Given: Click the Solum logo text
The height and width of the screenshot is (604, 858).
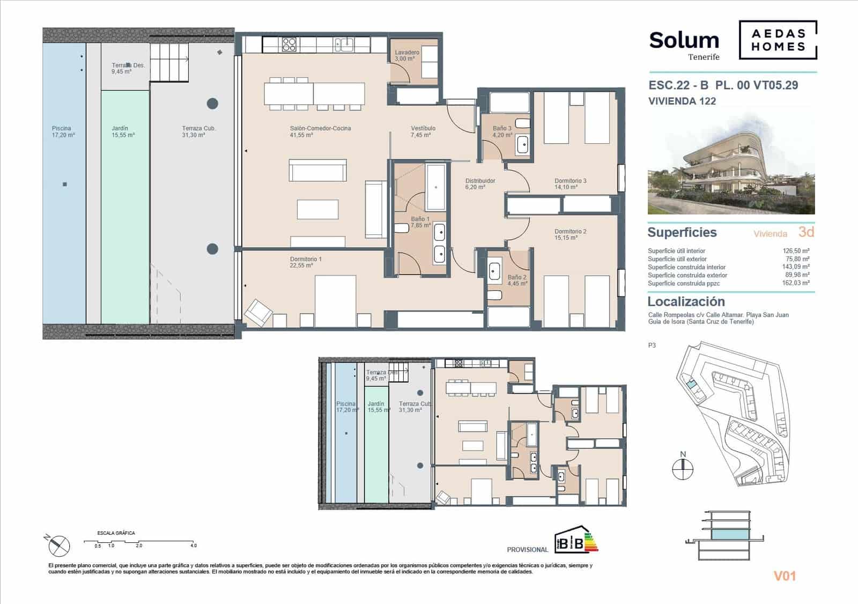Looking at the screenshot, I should coord(684,41).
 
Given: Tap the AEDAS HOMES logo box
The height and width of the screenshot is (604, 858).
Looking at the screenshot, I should coord(778,40).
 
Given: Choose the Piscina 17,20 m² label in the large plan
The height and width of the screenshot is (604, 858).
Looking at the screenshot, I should coord(63,132).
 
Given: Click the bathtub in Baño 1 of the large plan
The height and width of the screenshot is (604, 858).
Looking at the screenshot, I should coord(435,187).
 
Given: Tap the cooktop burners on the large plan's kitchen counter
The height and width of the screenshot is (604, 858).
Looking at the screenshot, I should coord(290,44).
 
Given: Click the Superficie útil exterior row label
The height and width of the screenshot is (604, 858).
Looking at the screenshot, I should coord(677,259).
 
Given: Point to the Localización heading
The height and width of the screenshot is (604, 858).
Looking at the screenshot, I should coord(686,301).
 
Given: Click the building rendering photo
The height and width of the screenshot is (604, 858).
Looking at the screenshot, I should coord(731,166).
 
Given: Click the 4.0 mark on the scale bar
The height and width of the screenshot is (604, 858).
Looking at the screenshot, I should coord(193,546).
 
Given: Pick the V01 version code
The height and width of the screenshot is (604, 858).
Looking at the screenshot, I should coord(784,576).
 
